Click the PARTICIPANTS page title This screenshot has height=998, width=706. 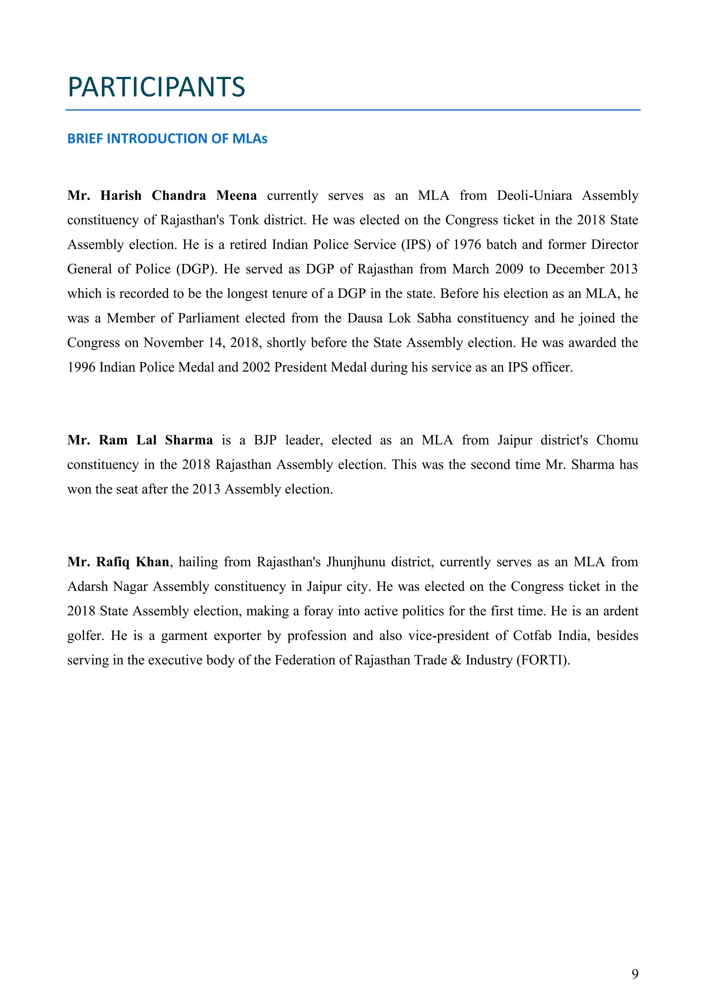(x=157, y=87)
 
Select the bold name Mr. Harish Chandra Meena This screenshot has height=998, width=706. (x=162, y=196)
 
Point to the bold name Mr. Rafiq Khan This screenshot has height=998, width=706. (x=118, y=562)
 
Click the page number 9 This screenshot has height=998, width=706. (x=635, y=974)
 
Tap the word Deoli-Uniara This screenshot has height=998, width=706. (x=534, y=196)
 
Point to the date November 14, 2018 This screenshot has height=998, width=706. (x=202, y=343)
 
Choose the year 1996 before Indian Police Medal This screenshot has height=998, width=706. (x=81, y=367)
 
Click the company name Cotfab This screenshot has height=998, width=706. (x=532, y=635)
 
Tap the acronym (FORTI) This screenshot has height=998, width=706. (x=543, y=660)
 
